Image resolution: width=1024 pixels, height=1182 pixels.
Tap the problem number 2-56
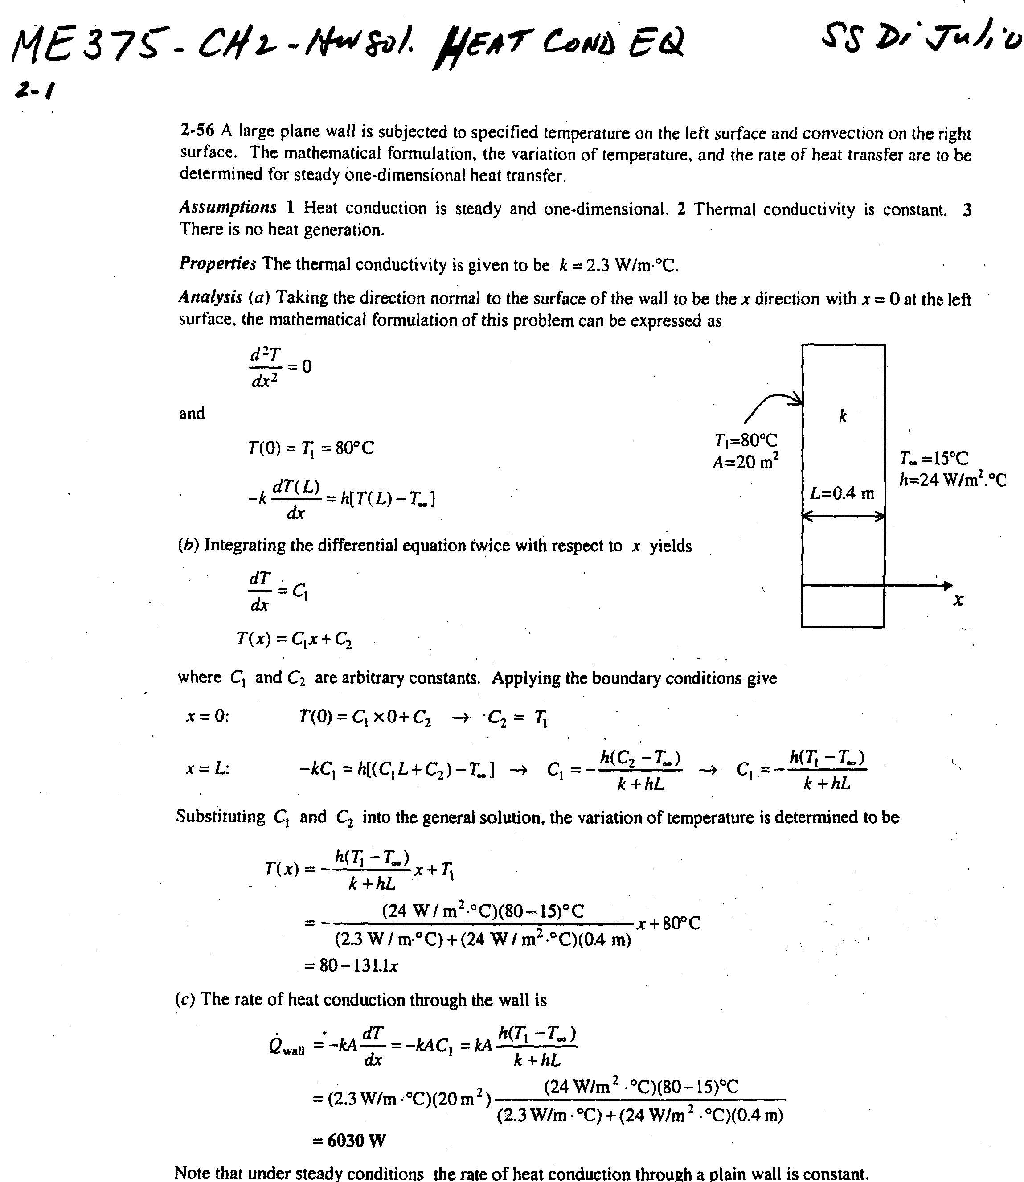pos(197,131)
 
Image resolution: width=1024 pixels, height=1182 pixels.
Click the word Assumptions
pos(227,207)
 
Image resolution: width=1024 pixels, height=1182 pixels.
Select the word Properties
pos(217,263)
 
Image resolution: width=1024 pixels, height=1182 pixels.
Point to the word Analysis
pos(210,297)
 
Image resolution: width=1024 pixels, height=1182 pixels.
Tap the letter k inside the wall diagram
pos(843,416)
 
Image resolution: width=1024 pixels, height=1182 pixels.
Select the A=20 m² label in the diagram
pos(745,461)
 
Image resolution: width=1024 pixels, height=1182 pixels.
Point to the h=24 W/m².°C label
pos(953,480)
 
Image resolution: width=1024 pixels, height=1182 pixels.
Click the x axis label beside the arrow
pos(958,600)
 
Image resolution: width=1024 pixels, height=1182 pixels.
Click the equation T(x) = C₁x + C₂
pos(294,638)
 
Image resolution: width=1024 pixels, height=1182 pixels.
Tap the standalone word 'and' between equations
pos(192,413)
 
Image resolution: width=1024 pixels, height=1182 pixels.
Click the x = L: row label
pos(207,769)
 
